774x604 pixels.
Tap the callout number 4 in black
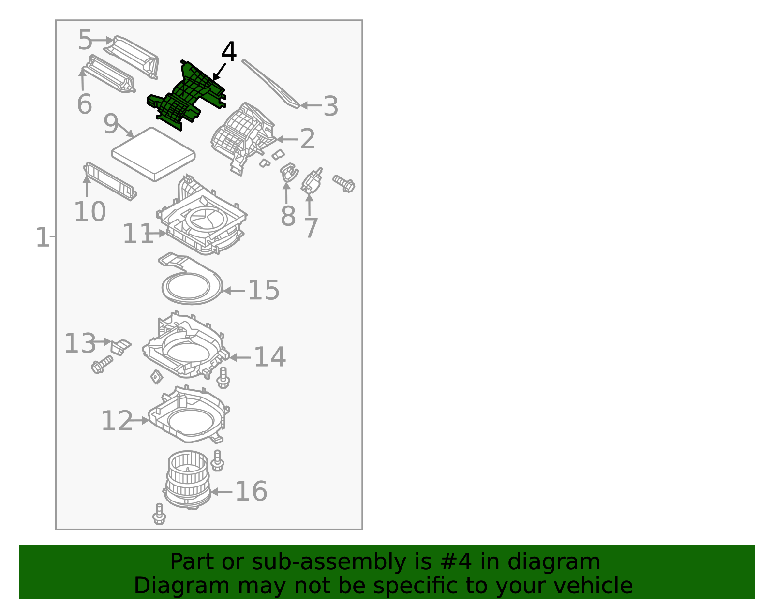point(228,52)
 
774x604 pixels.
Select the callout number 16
point(251,491)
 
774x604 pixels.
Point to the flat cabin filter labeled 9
point(153,154)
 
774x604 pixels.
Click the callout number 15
point(264,290)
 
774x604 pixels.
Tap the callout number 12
point(117,421)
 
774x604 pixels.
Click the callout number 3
point(330,106)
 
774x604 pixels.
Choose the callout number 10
point(90,212)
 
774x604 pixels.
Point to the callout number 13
point(80,343)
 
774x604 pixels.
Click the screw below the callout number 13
point(102,364)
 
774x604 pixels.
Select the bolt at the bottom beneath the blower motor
point(159,514)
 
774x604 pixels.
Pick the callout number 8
point(288,216)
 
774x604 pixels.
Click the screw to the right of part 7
point(344,183)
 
